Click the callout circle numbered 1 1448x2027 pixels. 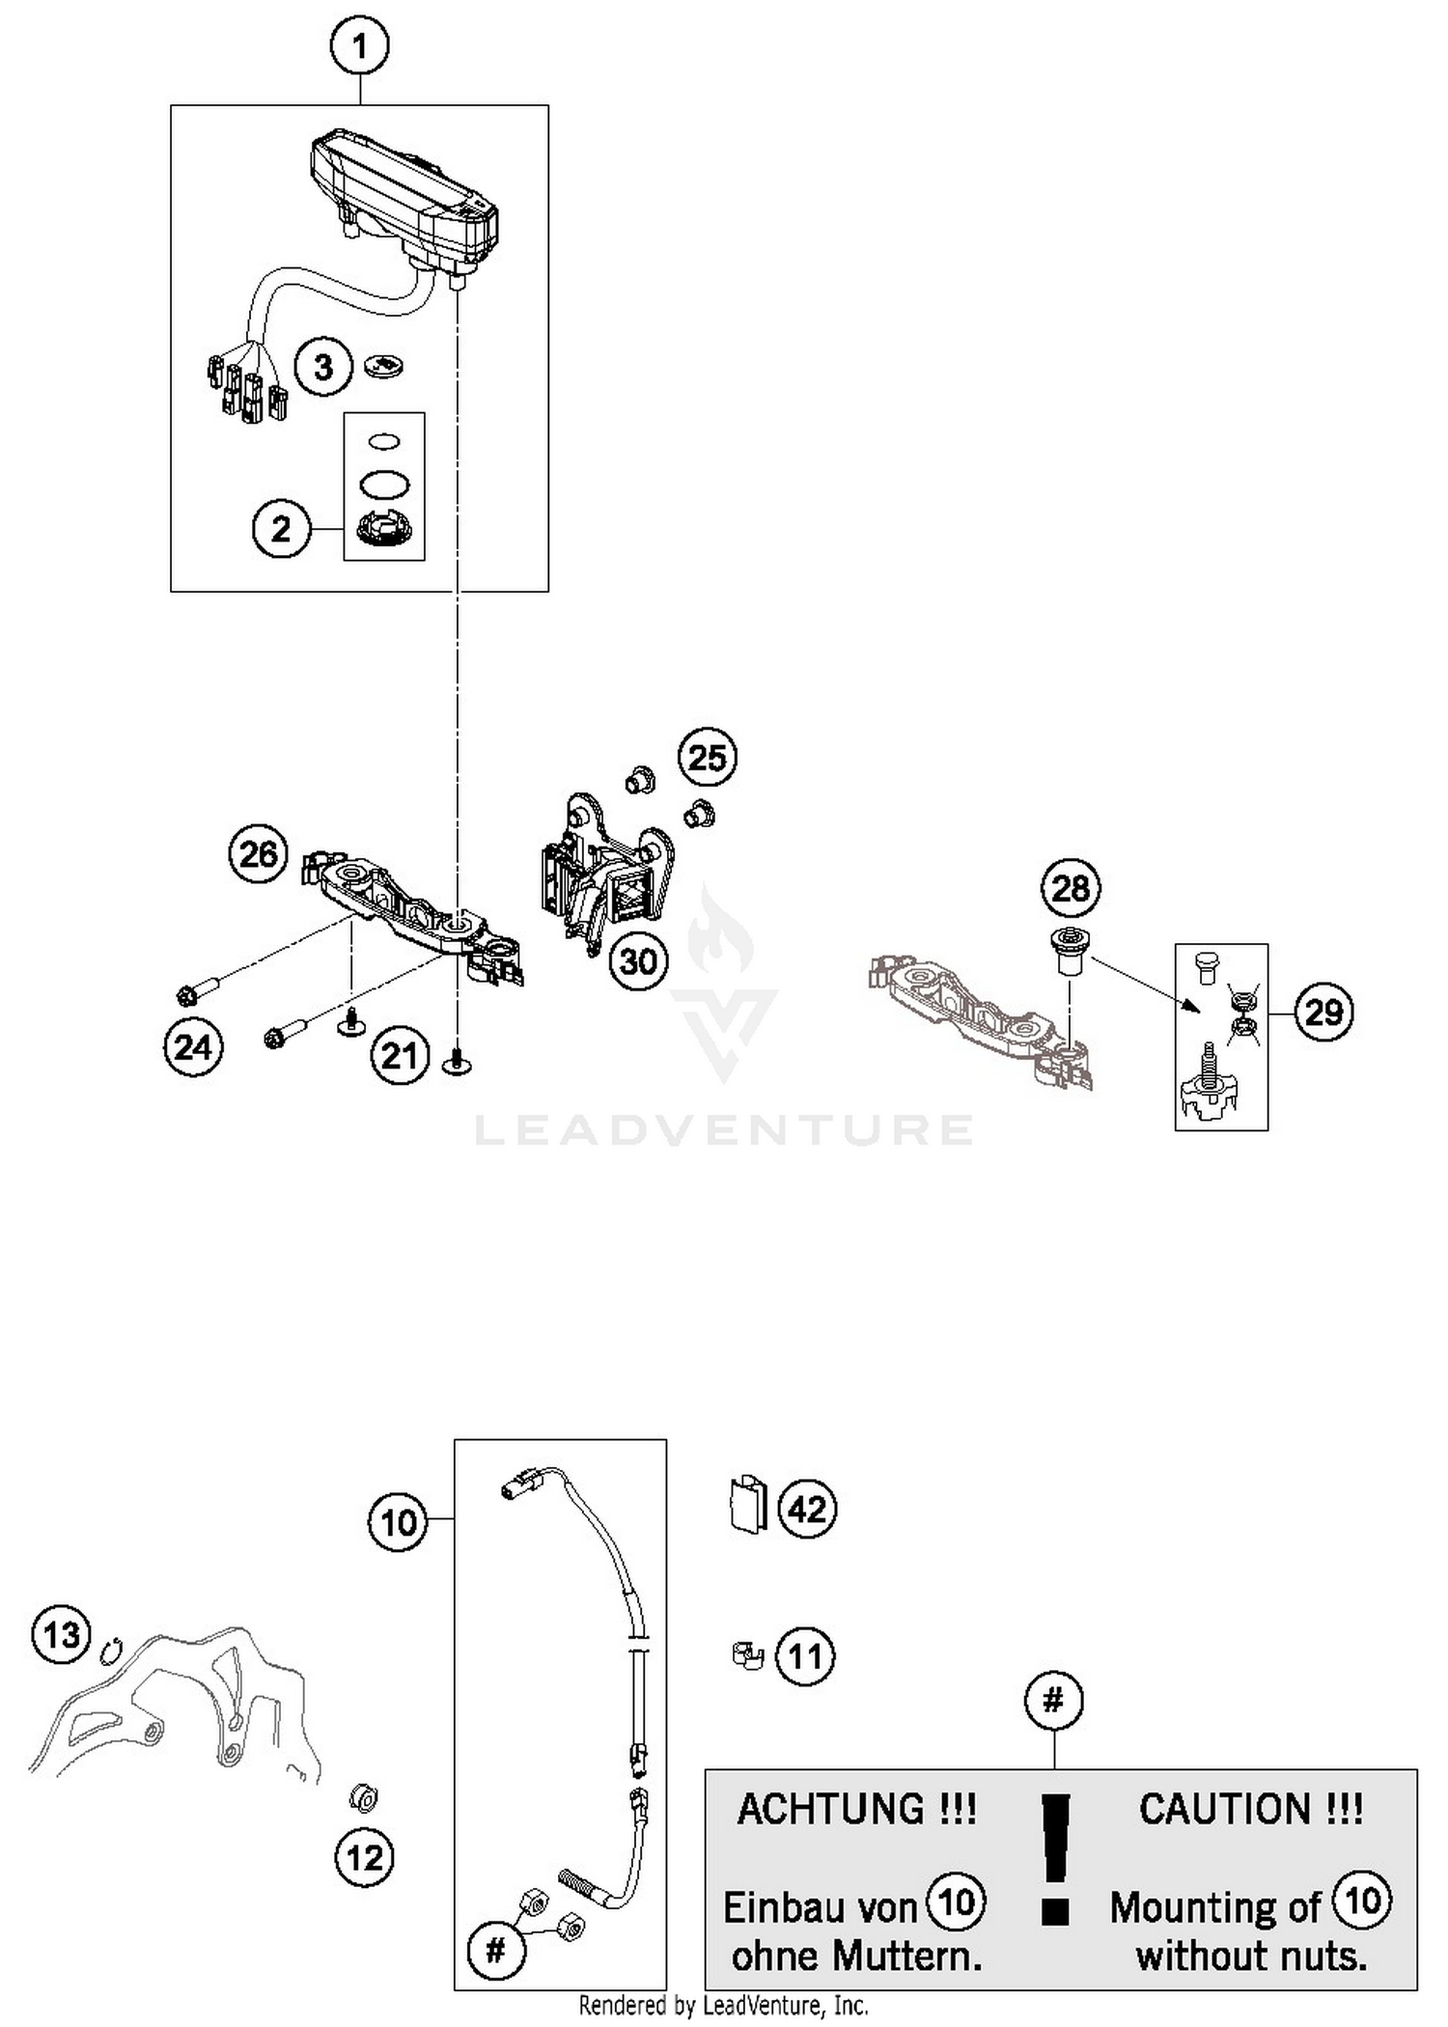[360, 45]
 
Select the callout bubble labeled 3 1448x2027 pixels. [323, 367]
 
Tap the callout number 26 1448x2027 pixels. [258, 853]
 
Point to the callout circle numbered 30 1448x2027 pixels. [638, 960]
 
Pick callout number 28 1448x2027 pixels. [1070, 887]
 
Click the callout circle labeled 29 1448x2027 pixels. [1323, 1012]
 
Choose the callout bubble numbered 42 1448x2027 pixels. [807, 1509]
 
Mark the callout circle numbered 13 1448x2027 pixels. [61, 1635]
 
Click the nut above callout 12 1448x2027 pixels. [364, 1797]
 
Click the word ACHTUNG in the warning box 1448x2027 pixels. [856, 1809]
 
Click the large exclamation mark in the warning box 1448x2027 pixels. [1057, 1858]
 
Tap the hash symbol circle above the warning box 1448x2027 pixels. [1053, 1700]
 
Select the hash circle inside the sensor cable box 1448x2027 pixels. [495, 1951]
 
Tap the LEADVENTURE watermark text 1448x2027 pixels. [724, 1130]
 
